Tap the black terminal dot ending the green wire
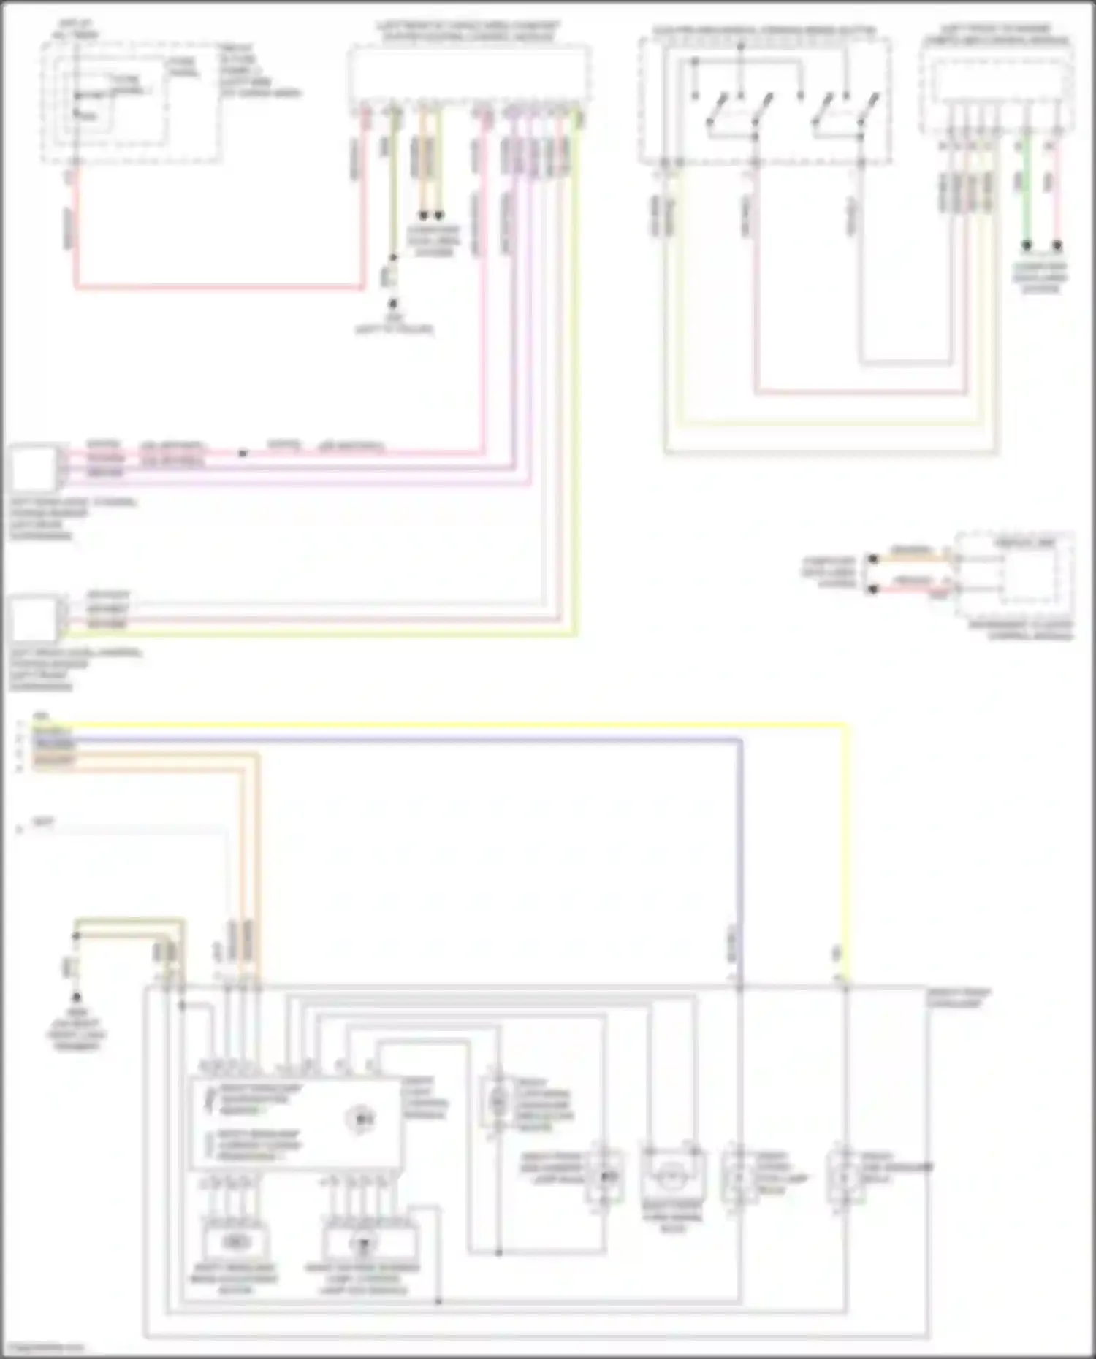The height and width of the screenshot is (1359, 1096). pyautogui.click(x=1026, y=245)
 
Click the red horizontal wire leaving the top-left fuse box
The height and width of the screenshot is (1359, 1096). pyautogui.click(x=219, y=287)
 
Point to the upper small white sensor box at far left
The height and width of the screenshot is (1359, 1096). pyautogui.click(x=33, y=468)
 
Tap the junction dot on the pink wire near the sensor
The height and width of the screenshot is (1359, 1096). pyautogui.click(x=243, y=453)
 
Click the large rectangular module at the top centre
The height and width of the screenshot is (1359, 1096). pyautogui.click(x=469, y=72)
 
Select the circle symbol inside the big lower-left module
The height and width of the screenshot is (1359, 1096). pyautogui.click(x=360, y=1118)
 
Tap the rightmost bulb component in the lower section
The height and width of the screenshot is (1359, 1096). pyautogui.click(x=845, y=1176)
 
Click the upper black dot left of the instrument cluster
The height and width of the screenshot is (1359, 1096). pyautogui.click(x=872, y=559)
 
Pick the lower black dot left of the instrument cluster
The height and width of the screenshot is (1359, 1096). pyautogui.click(x=872, y=589)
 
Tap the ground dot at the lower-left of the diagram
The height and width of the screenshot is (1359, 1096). pyautogui.click(x=76, y=997)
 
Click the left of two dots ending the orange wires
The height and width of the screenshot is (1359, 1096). pyautogui.click(x=422, y=215)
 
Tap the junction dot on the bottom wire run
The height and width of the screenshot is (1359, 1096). pyautogui.click(x=438, y=1301)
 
